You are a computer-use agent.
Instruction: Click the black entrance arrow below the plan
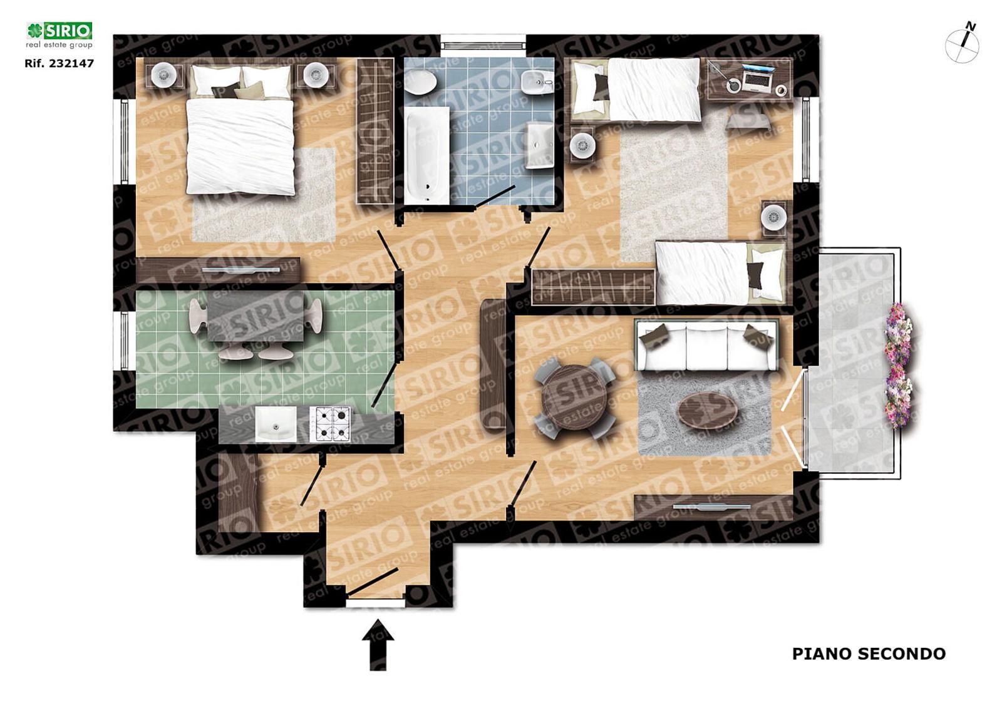click(378, 646)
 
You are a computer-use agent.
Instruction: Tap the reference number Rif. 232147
click(59, 63)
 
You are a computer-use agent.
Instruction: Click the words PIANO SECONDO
click(869, 654)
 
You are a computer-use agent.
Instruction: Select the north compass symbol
click(962, 44)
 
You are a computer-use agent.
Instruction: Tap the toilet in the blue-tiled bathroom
click(420, 82)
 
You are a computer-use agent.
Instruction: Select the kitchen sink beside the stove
click(276, 424)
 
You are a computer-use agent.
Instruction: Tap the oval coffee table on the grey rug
click(708, 410)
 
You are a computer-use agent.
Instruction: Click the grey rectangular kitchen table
click(256, 316)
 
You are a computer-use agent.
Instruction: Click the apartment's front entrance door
click(373, 582)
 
